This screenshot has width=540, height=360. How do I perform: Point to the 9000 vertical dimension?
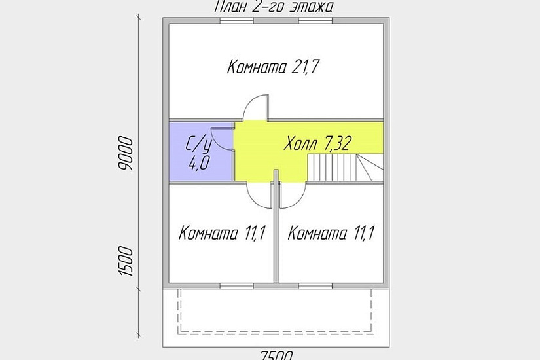pyautogui.click(x=128, y=154)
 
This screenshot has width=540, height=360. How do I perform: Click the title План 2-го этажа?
pyautogui.click(x=274, y=7)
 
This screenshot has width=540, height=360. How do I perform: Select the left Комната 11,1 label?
pyautogui.click(x=221, y=234)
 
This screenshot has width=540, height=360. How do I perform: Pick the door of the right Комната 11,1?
pyautogui.click(x=293, y=194)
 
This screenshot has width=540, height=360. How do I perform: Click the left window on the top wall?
pyautogui.click(x=237, y=21)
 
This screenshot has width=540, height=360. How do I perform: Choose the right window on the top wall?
pyautogui.click(x=315, y=21)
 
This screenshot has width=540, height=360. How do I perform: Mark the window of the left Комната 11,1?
pyautogui.click(x=237, y=286)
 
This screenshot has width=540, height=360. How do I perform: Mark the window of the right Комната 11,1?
pyautogui.click(x=315, y=286)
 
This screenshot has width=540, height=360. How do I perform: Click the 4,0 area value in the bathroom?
pyautogui.click(x=198, y=163)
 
